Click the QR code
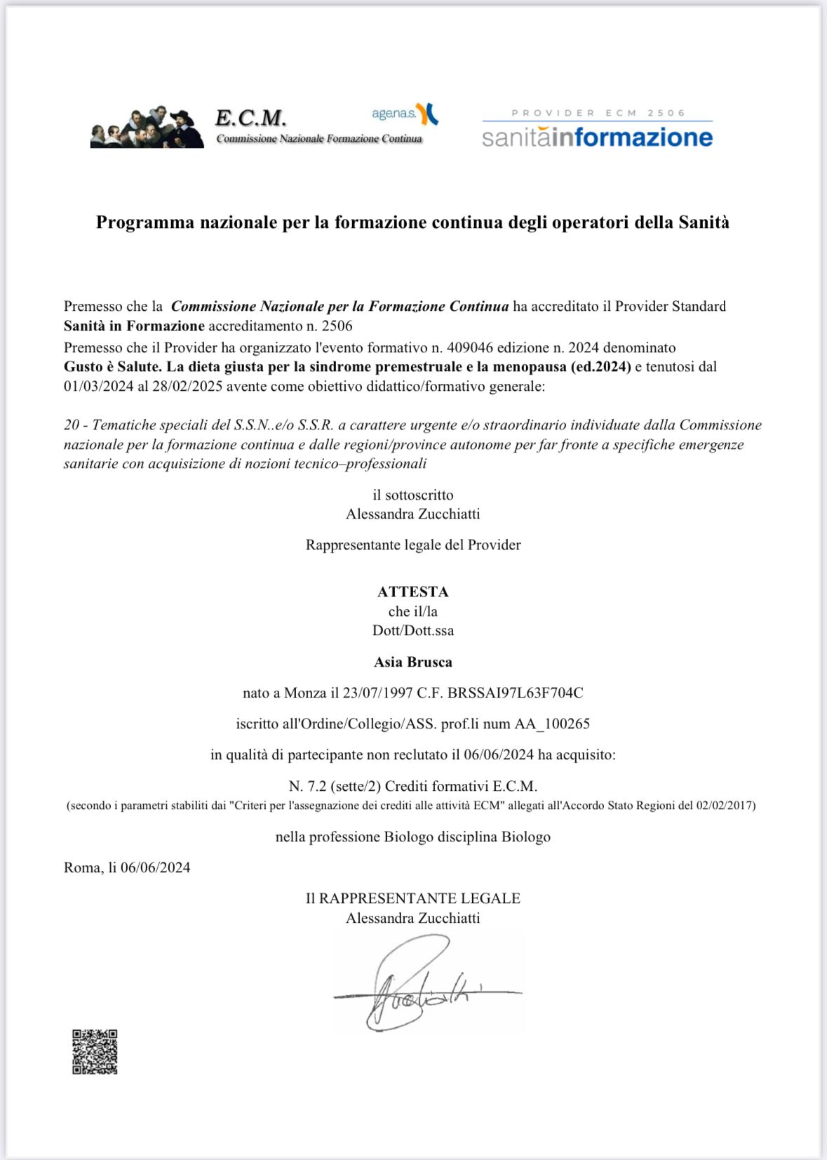95,1051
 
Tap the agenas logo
405,113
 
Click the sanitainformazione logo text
597,136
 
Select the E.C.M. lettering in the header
250,117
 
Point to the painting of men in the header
147,128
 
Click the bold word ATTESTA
412,592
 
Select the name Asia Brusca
412,662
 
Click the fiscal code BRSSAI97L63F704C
515,693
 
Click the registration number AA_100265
552,724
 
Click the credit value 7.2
317,786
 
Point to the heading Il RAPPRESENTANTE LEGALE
412,898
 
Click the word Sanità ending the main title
704,222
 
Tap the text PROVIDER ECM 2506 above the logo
598,113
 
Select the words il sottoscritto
412,495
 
